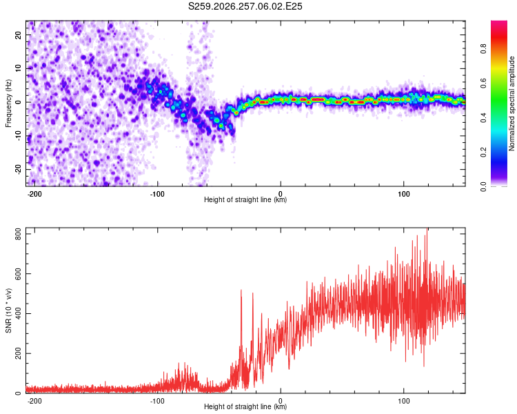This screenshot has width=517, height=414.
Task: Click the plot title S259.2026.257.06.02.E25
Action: (245, 6)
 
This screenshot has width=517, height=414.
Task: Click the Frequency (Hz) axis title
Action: (8, 103)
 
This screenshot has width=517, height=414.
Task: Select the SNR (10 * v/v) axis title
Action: (8, 310)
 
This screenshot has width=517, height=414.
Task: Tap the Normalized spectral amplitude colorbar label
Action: (511, 103)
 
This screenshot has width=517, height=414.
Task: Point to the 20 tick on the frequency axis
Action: (19, 34)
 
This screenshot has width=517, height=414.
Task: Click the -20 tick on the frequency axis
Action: (19, 169)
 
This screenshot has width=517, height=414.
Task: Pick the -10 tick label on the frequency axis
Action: (19, 136)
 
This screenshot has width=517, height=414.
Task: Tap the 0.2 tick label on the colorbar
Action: (483, 152)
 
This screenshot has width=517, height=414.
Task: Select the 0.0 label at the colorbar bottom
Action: (483, 186)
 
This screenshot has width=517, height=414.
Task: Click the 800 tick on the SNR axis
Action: (19, 234)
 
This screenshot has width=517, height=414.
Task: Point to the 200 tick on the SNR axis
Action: (19, 353)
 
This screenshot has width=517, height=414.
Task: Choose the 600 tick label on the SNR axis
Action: (19, 274)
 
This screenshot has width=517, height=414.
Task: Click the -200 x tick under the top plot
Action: (34, 194)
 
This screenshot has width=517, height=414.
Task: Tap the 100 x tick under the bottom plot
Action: (403, 401)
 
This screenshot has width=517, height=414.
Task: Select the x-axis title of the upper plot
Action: (245, 199)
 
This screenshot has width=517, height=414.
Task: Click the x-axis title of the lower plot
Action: (245, 406)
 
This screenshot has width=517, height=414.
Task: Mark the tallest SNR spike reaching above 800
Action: (427, 231)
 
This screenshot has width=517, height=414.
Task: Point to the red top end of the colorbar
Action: (499, 23)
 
